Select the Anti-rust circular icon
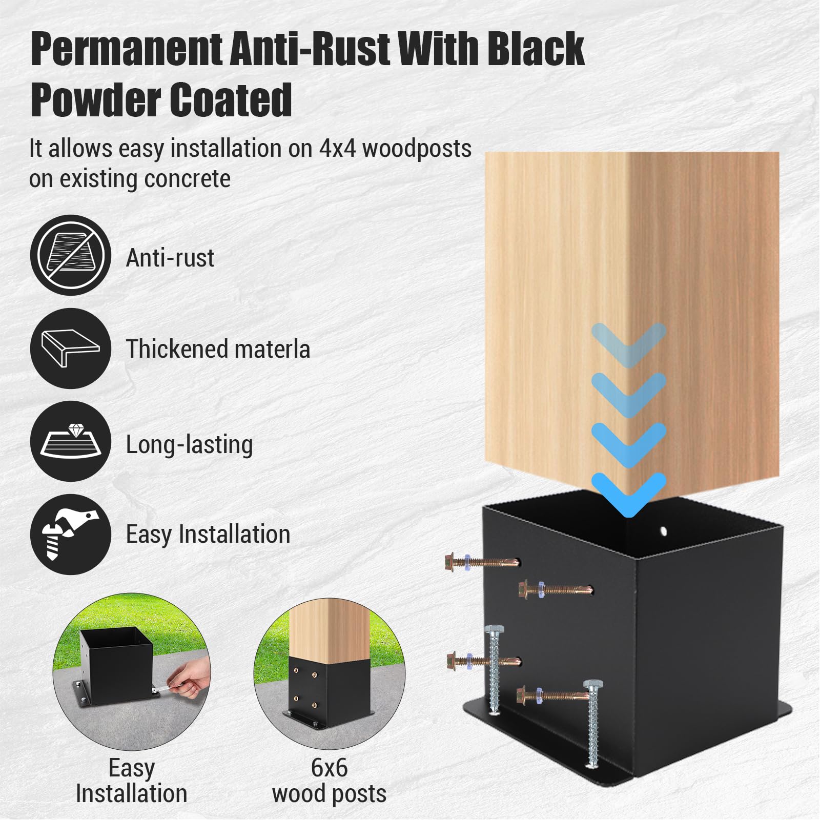(x=71, y=255)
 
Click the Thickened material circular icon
(x=71, y=348)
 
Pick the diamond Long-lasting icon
(x=71, y=441)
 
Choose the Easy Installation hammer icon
(x=71, y=534)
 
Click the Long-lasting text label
(x=190, y=444)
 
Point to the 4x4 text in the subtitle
(x=338, y=148)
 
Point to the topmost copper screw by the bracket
(x=482, y=562)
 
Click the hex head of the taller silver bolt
(x=494, y=631)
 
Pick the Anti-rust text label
(x=170, y=257)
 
